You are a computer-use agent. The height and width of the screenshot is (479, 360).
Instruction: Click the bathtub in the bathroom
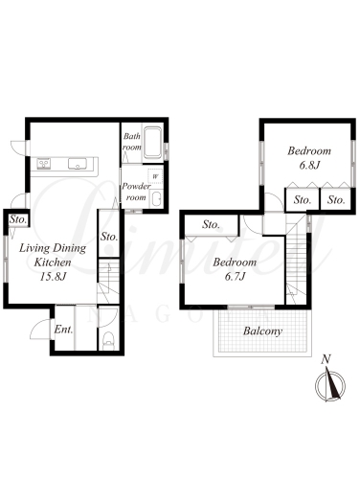coord(152,144)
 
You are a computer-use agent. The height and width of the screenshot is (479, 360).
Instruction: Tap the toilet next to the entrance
coord(109,340)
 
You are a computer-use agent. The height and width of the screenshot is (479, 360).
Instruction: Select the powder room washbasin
coord(156,198)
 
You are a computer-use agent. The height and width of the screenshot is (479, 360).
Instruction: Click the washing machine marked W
coord(155,176)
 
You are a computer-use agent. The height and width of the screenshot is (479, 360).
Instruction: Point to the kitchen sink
coord(78,164)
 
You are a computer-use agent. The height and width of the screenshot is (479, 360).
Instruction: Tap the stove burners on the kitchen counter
coord(44,164)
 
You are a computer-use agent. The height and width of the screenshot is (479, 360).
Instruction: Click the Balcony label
coord(262,331)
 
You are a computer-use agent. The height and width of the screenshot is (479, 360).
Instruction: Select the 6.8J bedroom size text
coord(309,166)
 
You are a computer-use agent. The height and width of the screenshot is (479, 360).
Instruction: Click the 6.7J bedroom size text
coord(235,277)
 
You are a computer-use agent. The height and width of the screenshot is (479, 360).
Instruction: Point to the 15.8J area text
coord(53,277)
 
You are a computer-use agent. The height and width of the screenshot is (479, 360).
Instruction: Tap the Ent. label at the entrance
coord(63,330)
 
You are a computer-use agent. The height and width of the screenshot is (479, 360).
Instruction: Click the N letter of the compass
coord(326,359)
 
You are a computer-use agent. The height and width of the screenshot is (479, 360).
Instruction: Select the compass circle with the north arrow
coord(330,385)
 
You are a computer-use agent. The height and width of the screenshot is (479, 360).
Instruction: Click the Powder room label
coord(136,192)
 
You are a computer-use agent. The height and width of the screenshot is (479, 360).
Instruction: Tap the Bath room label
coord(132,142)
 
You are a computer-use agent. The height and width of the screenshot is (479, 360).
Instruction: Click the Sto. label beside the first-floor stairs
coord(109,237)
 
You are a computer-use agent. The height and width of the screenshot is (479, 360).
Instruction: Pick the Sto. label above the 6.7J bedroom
coord(211,225)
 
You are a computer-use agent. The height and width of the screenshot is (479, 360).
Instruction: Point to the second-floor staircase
coord(296,259)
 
